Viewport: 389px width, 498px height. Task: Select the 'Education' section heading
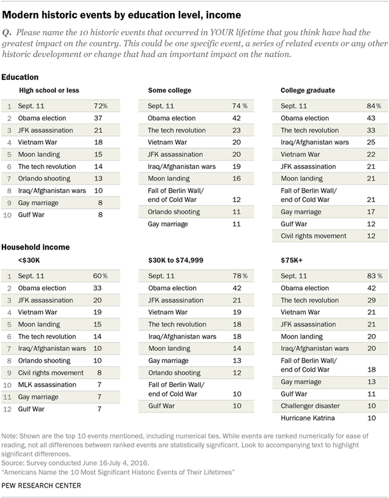click(20, 78)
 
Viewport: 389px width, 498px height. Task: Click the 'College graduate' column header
click(307, 90)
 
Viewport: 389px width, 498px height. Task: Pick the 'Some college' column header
click(170, 90)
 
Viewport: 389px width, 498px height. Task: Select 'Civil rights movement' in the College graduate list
click(313, 236)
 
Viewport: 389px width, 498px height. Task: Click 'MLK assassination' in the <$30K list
click(47, 384)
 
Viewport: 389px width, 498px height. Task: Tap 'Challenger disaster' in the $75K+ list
click(310, 406)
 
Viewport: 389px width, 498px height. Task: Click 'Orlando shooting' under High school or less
click(44, 178)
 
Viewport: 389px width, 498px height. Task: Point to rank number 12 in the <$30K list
click(9, 409)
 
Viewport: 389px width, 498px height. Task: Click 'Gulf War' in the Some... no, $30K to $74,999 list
click(162, 406)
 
